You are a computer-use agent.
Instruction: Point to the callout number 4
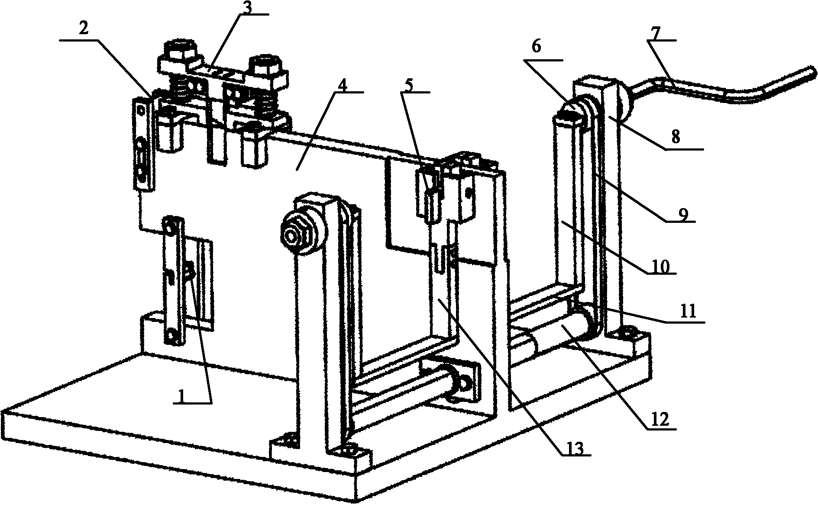coord(342,85)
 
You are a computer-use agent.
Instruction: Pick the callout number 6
coord(536,47)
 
